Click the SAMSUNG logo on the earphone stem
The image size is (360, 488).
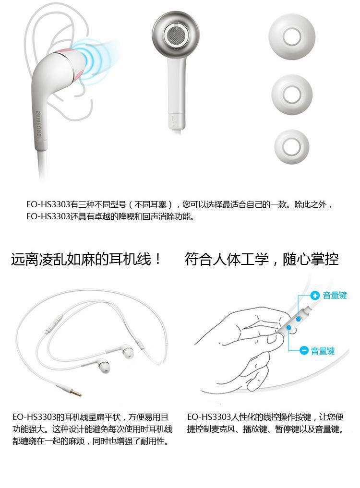click(x=38, y=124)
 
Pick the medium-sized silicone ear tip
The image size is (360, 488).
click(x=292, y=95)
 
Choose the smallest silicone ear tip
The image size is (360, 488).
click(x=292, y=147)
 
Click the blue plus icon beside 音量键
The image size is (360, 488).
click(x=315, y=295)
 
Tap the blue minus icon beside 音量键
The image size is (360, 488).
click(x=304, y=350)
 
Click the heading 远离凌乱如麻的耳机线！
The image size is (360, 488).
click(x=86, y=259)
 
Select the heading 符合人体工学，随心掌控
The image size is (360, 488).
click(x=262, y=259)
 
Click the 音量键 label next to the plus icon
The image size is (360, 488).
click(x=335, y=296)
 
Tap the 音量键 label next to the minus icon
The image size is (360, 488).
click(x=323, y=351)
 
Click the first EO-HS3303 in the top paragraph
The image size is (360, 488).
click(x=48, y=205)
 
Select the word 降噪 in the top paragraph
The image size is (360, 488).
click(x=126, y=216)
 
